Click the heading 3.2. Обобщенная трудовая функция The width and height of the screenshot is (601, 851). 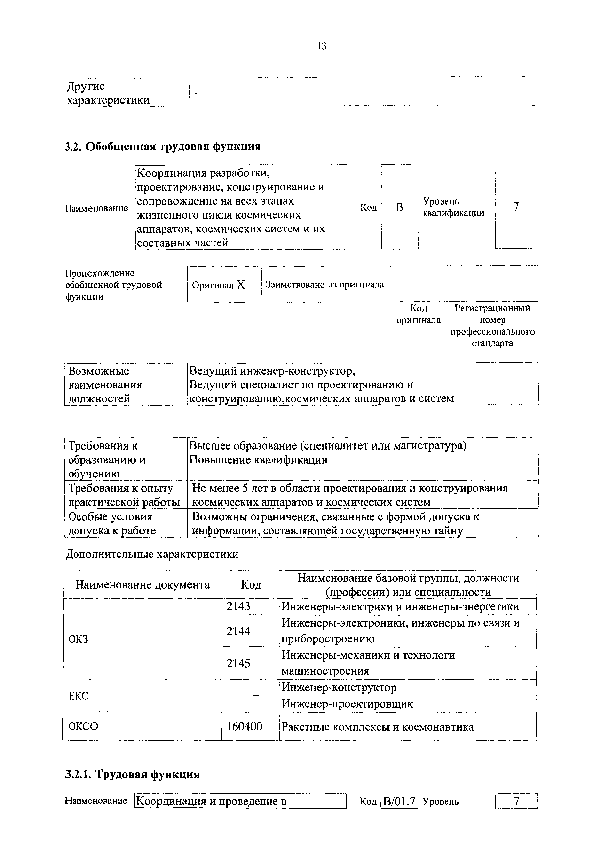click(163, 147)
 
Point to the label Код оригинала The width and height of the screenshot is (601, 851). click(419, 314)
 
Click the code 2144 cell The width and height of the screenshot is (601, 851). click(238, 631)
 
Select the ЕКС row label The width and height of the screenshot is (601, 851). click(79, 696)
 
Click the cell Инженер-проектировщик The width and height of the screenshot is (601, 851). click(347, 704)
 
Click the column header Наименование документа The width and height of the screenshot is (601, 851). click(142, 584)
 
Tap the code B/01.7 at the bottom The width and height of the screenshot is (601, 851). click(399, 801)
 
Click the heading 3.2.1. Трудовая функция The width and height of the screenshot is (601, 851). click(132, 775)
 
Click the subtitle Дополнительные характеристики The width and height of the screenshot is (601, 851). click(152, 554)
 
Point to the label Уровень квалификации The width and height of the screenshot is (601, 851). click(453, 207)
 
